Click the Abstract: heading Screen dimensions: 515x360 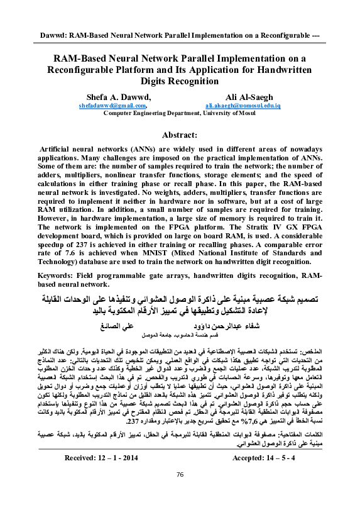tap(180, 135)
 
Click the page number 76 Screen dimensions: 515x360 tap(180, 491)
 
